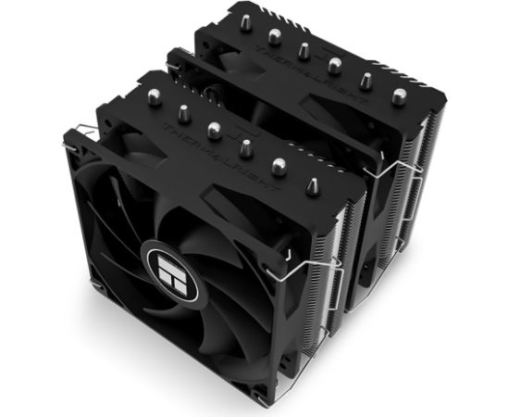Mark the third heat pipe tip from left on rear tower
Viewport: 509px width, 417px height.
[x=303, y=49]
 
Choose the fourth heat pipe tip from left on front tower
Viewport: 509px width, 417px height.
[x=246, y=146]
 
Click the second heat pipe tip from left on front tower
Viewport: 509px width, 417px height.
[x=181, y=111]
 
